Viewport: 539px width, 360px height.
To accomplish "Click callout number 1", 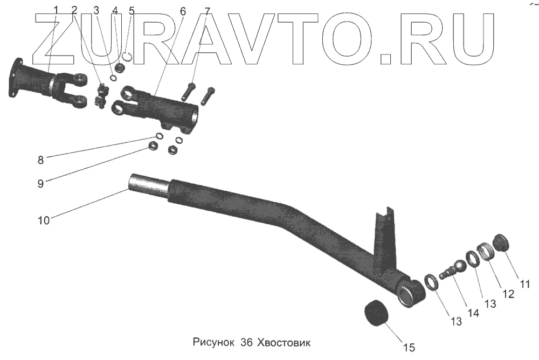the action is coord(57,10).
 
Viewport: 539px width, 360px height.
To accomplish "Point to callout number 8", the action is coord(41,160).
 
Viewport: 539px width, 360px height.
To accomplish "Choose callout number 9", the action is coord(41,183).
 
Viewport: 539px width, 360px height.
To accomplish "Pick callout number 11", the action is coord(524,283).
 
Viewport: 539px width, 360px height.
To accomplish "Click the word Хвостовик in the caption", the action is coord(284,343).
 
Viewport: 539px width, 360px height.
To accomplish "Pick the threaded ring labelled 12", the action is coord(487,251).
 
